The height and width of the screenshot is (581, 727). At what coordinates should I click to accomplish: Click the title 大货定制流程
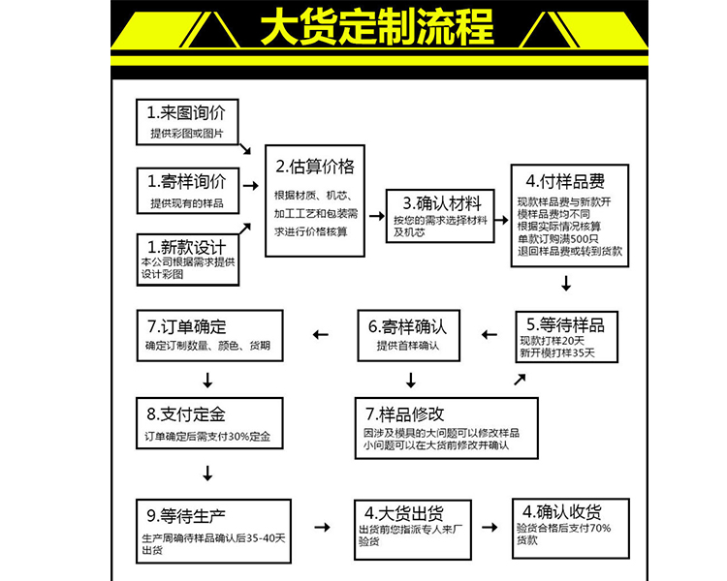coord(375,28)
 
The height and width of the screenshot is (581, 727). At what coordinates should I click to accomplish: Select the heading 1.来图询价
coord(186,111)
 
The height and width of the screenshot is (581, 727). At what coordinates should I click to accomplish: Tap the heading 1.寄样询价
coord(186,181)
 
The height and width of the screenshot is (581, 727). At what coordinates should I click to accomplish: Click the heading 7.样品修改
coord(406,414)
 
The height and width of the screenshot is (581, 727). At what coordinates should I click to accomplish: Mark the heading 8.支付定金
coord(186,414)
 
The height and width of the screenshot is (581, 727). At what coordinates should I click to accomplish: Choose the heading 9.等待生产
coord(187,514)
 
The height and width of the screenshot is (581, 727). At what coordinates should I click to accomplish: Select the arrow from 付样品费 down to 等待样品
coord(566,284)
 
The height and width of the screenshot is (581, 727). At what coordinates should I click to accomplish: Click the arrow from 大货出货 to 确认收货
coord(490,527)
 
